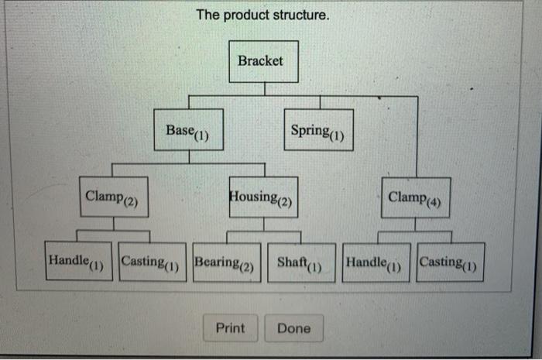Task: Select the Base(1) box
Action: [x=189, y=129]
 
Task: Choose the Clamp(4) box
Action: [x=415, y=197]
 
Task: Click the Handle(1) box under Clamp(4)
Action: [x=376, y=262]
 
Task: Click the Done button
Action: [x=293, y=328]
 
